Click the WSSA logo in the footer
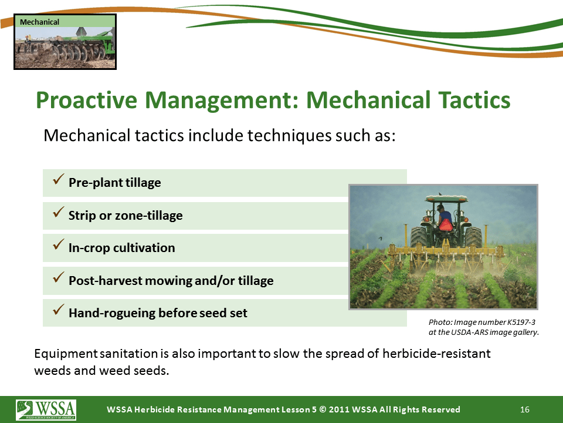tap(46, 409)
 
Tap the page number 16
tap(524, 409)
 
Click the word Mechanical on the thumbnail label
tap(39, 22)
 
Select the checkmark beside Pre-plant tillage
tap(58, 179)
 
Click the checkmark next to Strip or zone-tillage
tap(58, 211)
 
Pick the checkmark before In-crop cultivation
tap(58, 244)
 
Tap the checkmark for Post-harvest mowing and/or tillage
tap(58, 277)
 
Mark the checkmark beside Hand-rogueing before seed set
tap(58, 309)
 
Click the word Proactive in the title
tap(87, 100)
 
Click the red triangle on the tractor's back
tap(446, 226)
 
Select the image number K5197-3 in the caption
tap(521, 323)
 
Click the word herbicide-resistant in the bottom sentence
tap(436, 354)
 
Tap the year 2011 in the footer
tap(339, 409)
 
